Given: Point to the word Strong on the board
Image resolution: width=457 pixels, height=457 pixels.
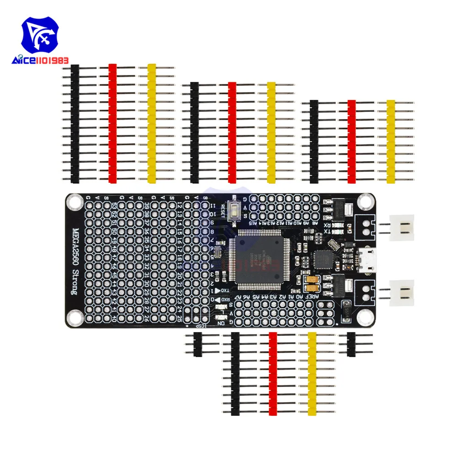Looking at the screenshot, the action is click(76, 280).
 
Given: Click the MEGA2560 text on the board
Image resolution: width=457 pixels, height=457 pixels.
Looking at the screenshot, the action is click(76, 242).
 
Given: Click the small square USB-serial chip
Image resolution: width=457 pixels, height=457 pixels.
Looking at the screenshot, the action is click(325, 258).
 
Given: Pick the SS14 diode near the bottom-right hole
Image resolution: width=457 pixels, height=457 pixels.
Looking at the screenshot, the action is click(346, 313).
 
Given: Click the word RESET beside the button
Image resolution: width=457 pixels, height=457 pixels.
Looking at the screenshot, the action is click(223, 209).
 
